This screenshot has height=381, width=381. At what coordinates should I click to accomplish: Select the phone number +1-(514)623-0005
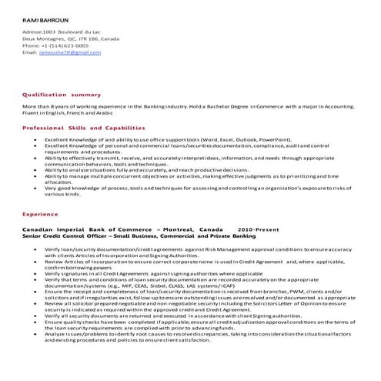(x=60, y=45)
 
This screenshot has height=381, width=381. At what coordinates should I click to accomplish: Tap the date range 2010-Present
(x=256, y=230)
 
